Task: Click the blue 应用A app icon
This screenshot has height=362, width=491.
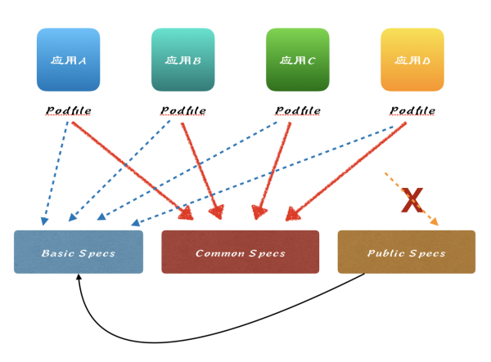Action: tap(68, 60)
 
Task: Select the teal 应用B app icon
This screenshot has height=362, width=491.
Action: tap(183, 60)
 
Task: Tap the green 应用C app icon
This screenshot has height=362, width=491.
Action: tap(298, 60)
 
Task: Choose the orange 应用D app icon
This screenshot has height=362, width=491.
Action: tap(412, 60)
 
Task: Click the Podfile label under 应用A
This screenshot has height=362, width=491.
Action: tap(68, 110)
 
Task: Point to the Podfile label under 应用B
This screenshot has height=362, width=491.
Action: tap(183, 110)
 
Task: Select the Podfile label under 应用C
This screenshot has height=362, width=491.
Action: tap(298, 110)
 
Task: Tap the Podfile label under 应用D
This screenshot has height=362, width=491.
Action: tap(412, 110)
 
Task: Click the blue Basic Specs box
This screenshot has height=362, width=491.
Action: tap(79, 252)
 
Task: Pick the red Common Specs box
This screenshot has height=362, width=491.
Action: tap(240, 252)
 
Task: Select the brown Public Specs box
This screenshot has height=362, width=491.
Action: tap(406, 252)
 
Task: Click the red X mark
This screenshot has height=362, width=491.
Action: tap(412, 200)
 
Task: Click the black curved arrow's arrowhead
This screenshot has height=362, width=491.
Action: tap(79, 278)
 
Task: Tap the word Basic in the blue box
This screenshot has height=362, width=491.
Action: tap(57, 253)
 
